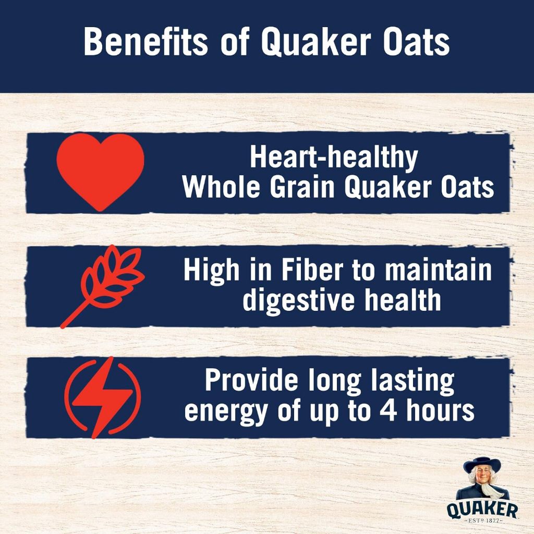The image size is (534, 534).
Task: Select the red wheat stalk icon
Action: [x=104, y=285]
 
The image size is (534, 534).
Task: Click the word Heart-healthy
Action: [x=334, y=157]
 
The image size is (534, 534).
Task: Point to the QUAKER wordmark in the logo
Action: [x=482, y=508]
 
